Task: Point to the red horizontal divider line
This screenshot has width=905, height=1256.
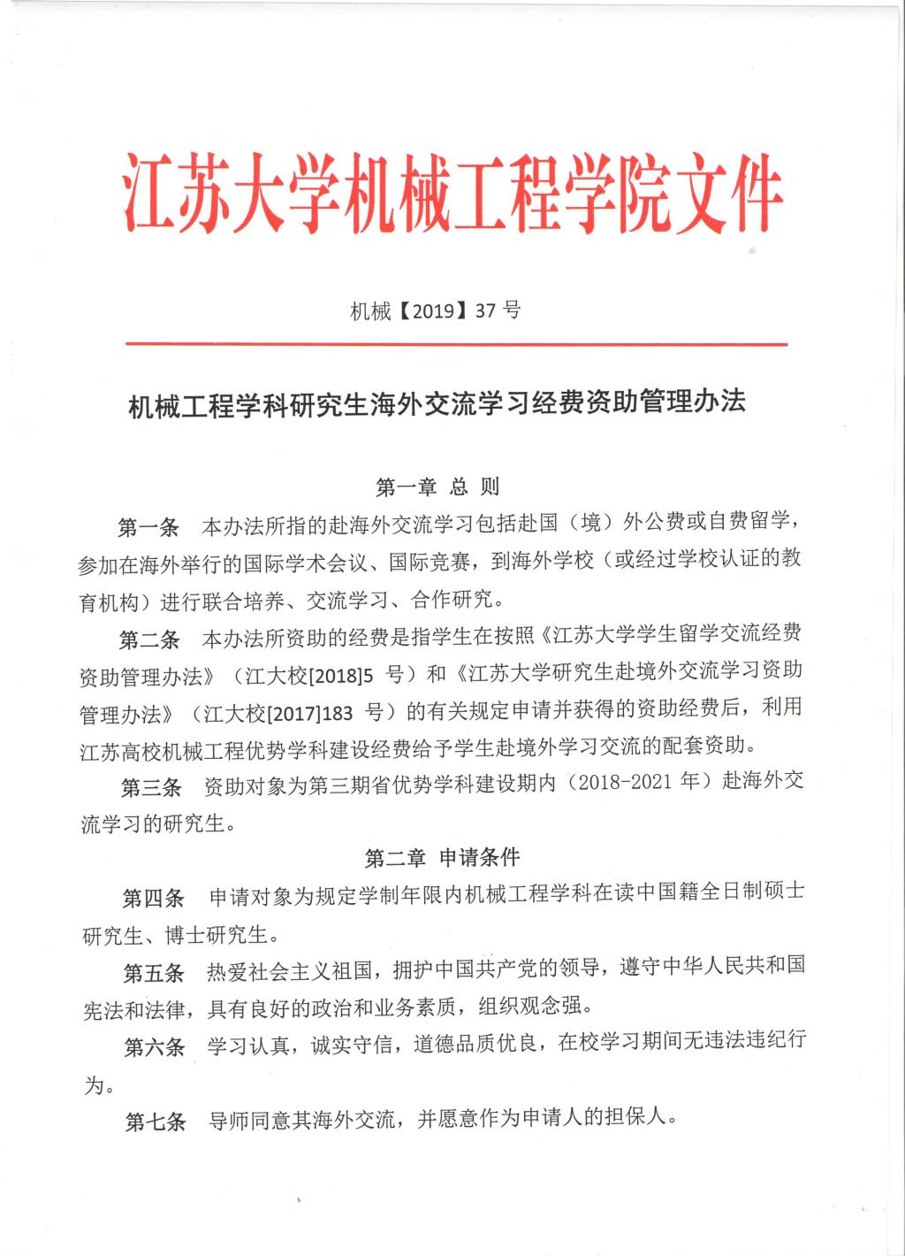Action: click(x=452, y=345)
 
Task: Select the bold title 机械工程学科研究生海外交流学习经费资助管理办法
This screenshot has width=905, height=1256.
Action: click(x=438, y=404)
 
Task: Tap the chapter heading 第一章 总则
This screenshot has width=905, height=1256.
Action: click(x=438, y=486)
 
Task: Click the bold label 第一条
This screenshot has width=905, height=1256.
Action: click(x=148, y=528)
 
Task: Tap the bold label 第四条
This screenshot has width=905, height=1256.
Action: click(x=152, y=899)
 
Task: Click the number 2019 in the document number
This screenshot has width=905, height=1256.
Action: click(x=433, y=310)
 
